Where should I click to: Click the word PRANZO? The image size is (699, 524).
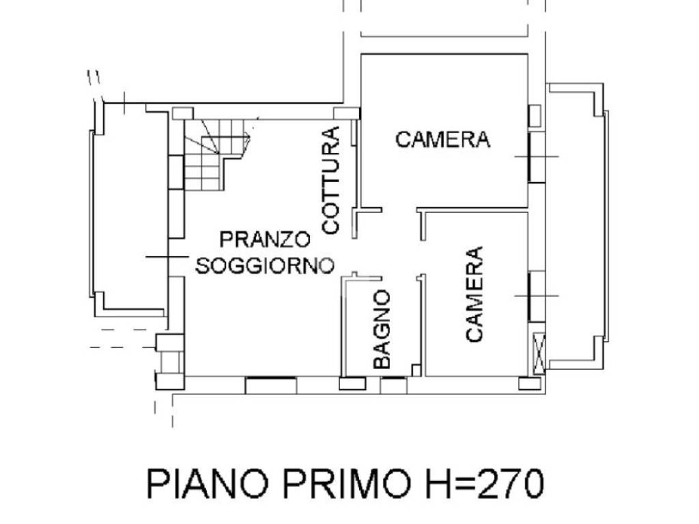pos(264,239)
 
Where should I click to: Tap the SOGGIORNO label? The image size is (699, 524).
pos(264,265)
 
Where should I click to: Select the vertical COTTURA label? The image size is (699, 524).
pos(330,181)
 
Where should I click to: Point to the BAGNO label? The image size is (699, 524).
pos(382,330)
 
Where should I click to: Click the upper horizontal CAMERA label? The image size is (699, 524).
pos(443,140)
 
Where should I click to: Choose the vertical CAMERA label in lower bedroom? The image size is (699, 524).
pos(474,294)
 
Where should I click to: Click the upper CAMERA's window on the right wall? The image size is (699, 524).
pos(537,156)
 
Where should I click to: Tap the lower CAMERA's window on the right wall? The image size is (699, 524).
pos(537,295)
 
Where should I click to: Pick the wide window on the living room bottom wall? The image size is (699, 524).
pos(270,385)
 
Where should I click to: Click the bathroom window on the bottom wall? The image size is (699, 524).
pos(393,385)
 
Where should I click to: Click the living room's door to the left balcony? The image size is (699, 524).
pos(175,257)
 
